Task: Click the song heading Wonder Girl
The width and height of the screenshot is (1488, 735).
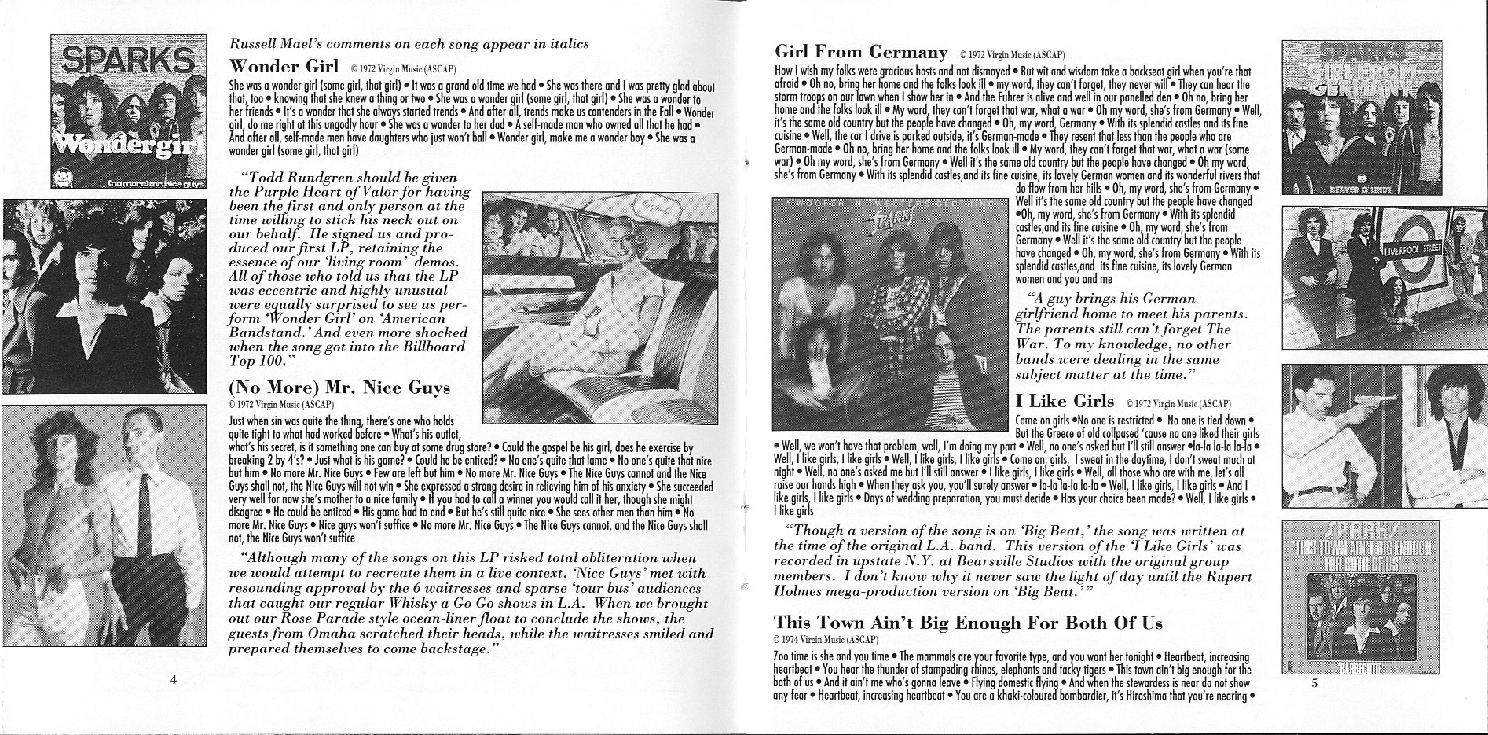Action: (x=284, y=64)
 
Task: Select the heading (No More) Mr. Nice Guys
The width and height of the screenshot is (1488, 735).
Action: (x=339, y=388)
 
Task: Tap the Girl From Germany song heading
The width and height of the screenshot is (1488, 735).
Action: (x=860, y=53)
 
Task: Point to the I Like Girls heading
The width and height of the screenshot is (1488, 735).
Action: (x=1065, y=402)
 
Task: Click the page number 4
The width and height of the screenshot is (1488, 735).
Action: (x=172, y=679)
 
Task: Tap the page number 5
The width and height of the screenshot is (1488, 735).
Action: (x=1314, y=683)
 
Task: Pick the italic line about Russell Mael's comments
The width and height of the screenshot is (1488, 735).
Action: (x=409, y=44)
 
